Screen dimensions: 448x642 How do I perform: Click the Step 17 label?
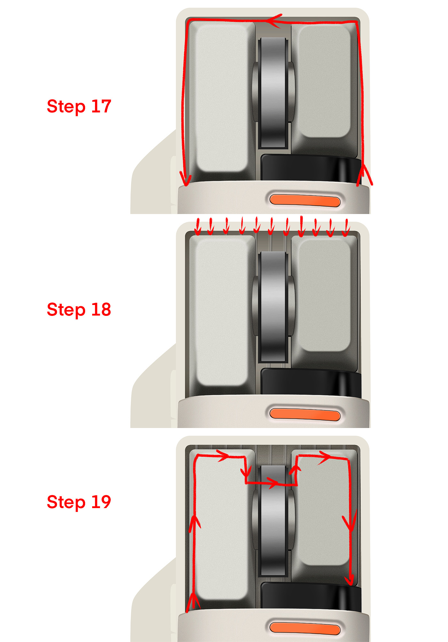79,107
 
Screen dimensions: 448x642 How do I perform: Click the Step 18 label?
79,310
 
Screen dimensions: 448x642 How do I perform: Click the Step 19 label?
79,502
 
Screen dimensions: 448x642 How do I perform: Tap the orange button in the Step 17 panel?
305,200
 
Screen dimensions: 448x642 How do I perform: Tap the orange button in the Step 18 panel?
305,414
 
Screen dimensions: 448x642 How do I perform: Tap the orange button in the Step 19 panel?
305,629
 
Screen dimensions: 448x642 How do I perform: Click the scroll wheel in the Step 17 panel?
273,92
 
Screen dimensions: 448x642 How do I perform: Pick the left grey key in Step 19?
222,529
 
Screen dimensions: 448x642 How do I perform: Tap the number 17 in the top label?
101,106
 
